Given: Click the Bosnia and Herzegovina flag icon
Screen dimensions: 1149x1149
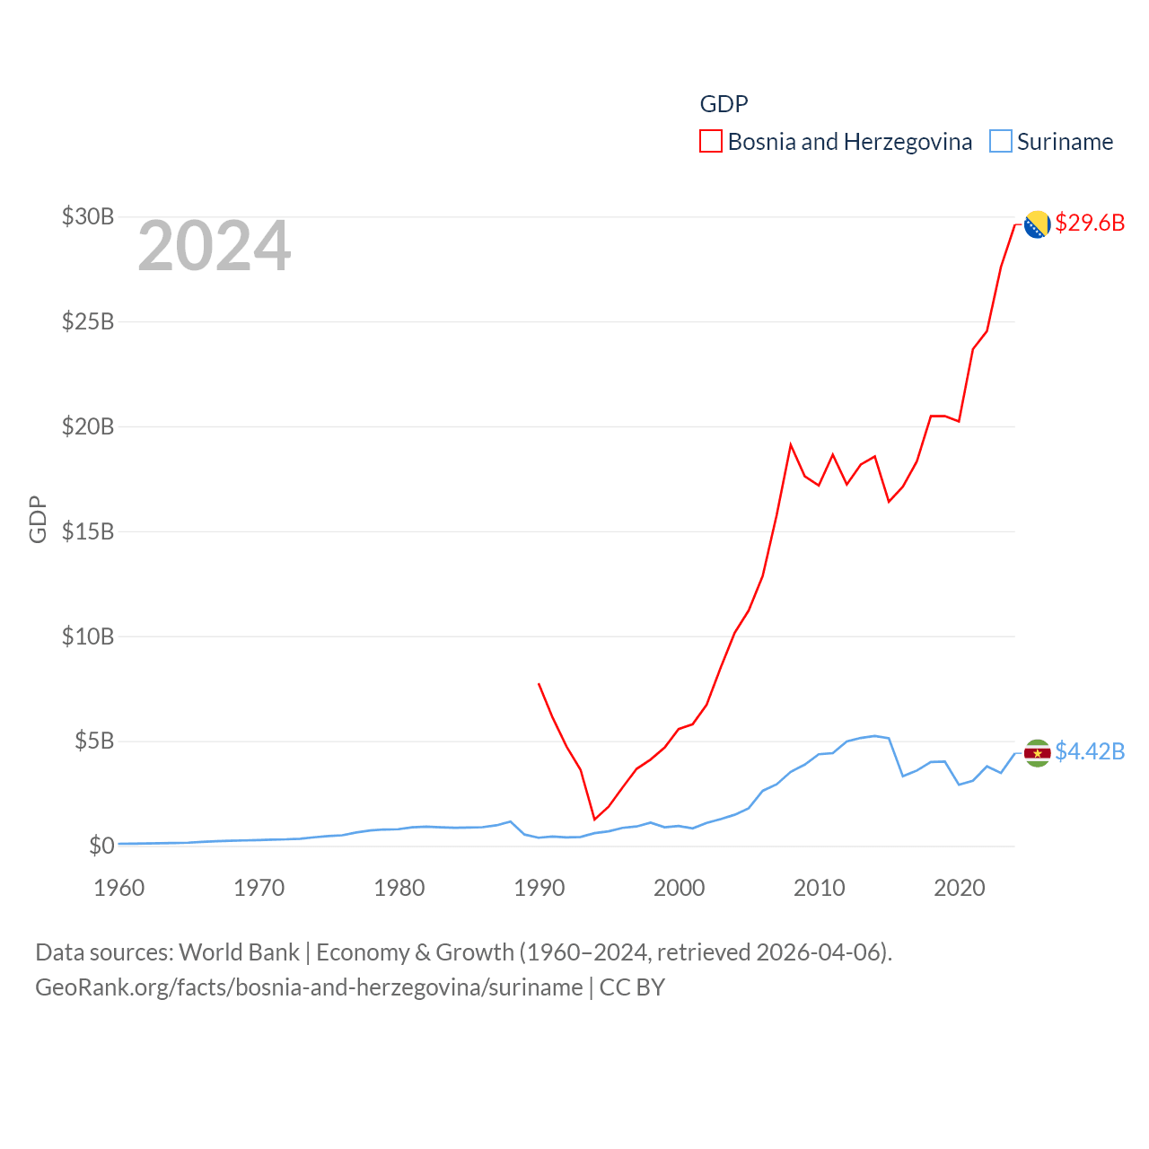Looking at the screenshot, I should (x=1037, y=224).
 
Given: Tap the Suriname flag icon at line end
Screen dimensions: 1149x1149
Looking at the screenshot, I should (x=1037, y=753).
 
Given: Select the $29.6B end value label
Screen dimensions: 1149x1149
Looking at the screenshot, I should (x=1090, y=223).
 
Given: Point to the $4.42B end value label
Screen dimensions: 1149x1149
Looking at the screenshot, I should (x=1090, y=751).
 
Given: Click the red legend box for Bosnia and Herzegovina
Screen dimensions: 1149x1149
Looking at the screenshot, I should (x=711, y=142).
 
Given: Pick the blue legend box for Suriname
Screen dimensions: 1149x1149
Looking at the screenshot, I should (x=1001, y=142).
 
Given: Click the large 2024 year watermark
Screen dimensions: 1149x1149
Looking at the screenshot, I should (x=215, y=246).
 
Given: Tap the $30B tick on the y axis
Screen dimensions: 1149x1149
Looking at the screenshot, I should (x=88, y=216).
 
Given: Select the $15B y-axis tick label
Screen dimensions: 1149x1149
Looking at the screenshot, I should (x=88, y=531).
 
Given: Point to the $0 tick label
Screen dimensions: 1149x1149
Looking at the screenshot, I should (x=101, y=846).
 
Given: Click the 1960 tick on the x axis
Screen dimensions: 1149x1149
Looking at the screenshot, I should (x=119, y=888).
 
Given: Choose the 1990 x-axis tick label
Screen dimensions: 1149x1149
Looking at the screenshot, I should (x=539, y=888).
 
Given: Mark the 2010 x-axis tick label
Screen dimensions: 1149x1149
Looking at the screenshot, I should (x=820, y=888).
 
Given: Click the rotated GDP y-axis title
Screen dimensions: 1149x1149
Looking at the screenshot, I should (x=38, y=519).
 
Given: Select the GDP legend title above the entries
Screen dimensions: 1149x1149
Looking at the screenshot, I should (x=724, y=104).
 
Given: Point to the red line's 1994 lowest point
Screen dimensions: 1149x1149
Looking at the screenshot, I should (x=594, y=819).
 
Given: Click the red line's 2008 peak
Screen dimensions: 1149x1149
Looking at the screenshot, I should (x=791, y=444).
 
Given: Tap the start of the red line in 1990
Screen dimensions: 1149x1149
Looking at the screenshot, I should (x=539, y=684).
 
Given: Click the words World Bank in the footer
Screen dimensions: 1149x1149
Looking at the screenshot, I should (x=240, y=952).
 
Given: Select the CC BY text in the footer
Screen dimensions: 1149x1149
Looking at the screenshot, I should (x=632, y=987).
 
